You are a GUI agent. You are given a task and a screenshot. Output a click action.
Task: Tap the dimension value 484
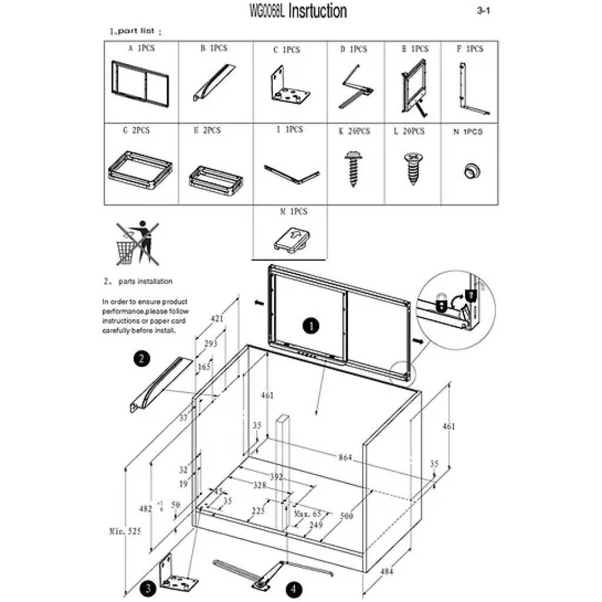click(386, 571)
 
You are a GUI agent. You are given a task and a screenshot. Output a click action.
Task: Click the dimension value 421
click(218, 319)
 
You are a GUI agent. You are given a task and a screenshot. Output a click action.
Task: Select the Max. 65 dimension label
click(307, 514)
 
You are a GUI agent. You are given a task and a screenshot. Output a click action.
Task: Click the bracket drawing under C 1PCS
click(289, 88)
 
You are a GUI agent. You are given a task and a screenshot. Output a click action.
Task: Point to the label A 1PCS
click(142, 48)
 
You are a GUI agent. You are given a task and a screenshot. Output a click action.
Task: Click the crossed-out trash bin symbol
click(134, 243)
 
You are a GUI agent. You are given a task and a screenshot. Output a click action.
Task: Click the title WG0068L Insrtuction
click(299, 11)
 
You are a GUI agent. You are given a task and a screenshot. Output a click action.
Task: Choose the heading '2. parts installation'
click(139, 282)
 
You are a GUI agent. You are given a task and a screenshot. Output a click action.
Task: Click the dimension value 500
click(347, 516)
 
